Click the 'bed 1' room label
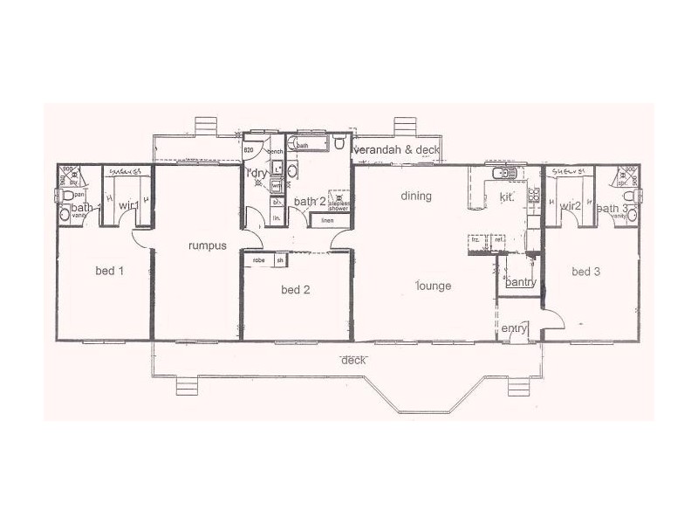click(x=109, y=271)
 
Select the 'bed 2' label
click(x=296, y=289)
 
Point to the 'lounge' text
click(x=434, y=286)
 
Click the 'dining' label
click(x=416, y=196)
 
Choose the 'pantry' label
click(x=520, y=282)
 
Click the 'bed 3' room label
click(x=585, y=272)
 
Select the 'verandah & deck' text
click(x=397, y=150)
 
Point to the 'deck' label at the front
click(x=352, y=360)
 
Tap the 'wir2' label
click(x=571, y=206)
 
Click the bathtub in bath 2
click(x=311, y=144)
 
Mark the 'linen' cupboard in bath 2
click(x=327, y=220)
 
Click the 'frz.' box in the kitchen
click(x=476, y=240)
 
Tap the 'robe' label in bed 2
click(x=258, y=260)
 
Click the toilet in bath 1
click(x=66, y=212)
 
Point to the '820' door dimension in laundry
click(x=249, y=150)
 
